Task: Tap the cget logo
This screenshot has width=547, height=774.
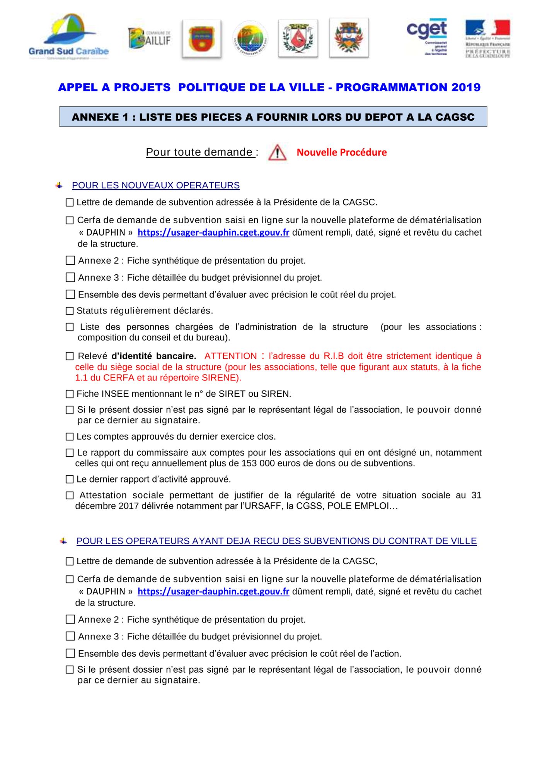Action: (x=427, y=37)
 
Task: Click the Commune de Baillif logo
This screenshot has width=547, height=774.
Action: (x=149, y=38)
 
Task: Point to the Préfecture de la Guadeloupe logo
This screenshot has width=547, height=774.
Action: (x=487, y=38)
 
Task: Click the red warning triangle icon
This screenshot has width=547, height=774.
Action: (x=277, y=152)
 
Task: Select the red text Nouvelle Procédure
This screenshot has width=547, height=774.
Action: (x=341, y=152)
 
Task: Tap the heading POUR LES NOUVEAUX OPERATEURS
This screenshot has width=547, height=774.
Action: (x=156, y=185)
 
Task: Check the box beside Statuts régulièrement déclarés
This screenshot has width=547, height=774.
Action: (x=70, y=311)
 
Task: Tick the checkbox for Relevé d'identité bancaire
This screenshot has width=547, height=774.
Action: (x=70, y=356)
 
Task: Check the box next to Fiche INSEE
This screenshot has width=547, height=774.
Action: (x=70, y=394)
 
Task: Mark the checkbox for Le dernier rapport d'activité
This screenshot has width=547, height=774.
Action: (x=70, y=479)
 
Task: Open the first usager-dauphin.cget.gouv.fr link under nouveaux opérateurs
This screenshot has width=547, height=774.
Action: (x=213, y=233)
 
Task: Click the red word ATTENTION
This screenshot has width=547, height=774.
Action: (x=230, y=356)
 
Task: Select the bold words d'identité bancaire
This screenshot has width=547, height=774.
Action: (x=153, y=356)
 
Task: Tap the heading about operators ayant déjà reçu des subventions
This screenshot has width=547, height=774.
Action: (x=276, y=541)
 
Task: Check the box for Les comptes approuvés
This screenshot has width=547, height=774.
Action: (x=70, y=437)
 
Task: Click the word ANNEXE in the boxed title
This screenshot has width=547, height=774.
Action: (x=95, y=117)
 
